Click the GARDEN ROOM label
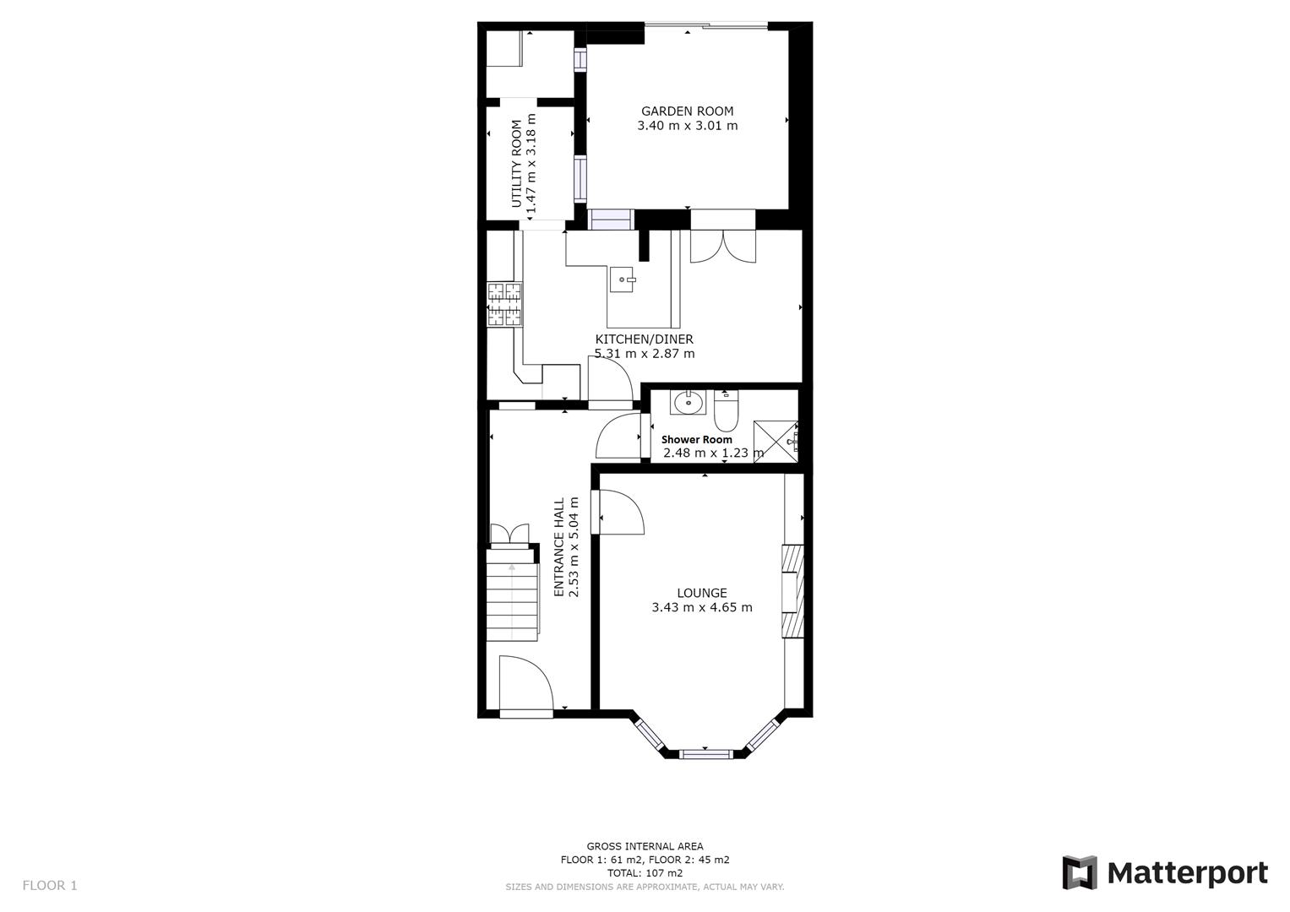pyautogui.click(x=687, y=111)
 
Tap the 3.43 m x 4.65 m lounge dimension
pyautogui.click(x=701, y=607)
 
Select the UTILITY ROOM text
pyautogui.click(x=516, y=164)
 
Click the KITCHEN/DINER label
pyautogui.click(x=644, y=339)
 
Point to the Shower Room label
pyautogui.click(x=696, y=439)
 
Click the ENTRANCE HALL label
pyautogui.click(x=558, y=547)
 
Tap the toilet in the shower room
pyautogui.click(x=727, y=410)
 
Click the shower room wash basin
pyautogui.click(x=689, y=402)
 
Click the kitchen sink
pyautogui.click(x=623, y=280)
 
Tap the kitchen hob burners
pyautogui.click(x=504, y=304)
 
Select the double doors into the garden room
pyautogui.click(x=722, y=245)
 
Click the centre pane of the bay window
pyautogui.click(x=705, y=752)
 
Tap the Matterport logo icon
pyautogui.click(x=1079, y=872)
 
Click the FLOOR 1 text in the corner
pyautogui.click(x=49, y=885)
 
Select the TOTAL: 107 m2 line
pyautogui.click(x=645, y=873)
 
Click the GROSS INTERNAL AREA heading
pyautogui.click(x=645, y=846)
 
